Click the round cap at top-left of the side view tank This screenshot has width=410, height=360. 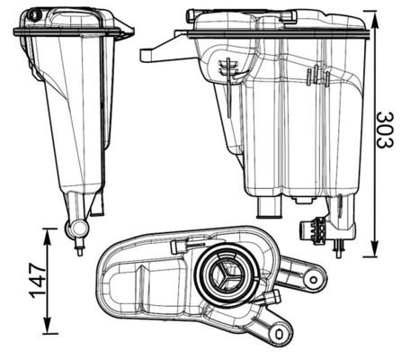[x=34, y=14]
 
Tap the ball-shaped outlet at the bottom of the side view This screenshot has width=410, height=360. [x=76, y=229]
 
